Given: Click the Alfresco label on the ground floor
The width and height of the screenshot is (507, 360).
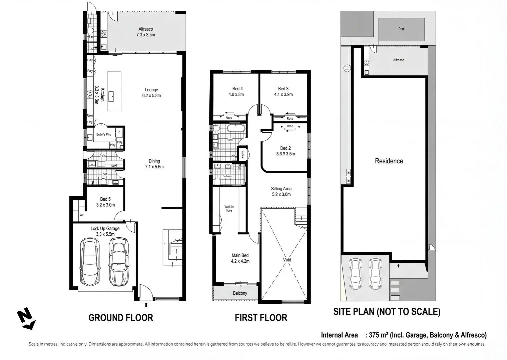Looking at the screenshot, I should [146, 32].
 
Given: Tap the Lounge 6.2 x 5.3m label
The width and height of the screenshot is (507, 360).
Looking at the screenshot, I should [151, 93].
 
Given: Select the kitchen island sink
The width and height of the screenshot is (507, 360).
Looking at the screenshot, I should [112, 96].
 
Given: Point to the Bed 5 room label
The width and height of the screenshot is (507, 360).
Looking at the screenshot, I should [105, 202].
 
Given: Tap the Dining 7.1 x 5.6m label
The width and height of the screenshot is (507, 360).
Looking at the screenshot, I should [154, 164].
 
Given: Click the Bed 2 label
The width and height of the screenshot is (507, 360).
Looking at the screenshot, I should [285, 151].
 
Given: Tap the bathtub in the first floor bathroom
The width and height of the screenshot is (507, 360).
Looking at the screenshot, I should [236, 129].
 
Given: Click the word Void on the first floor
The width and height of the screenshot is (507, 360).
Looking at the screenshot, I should [287, 260].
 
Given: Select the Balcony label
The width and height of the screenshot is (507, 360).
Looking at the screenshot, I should [240, 293].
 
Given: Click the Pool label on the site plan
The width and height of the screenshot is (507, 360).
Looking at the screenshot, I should [401, 29].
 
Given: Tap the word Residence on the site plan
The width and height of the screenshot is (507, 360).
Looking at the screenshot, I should [389, 161].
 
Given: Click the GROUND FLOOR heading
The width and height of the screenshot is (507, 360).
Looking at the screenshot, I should [121, 318].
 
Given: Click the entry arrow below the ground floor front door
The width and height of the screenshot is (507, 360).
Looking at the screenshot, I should [146, 304].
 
